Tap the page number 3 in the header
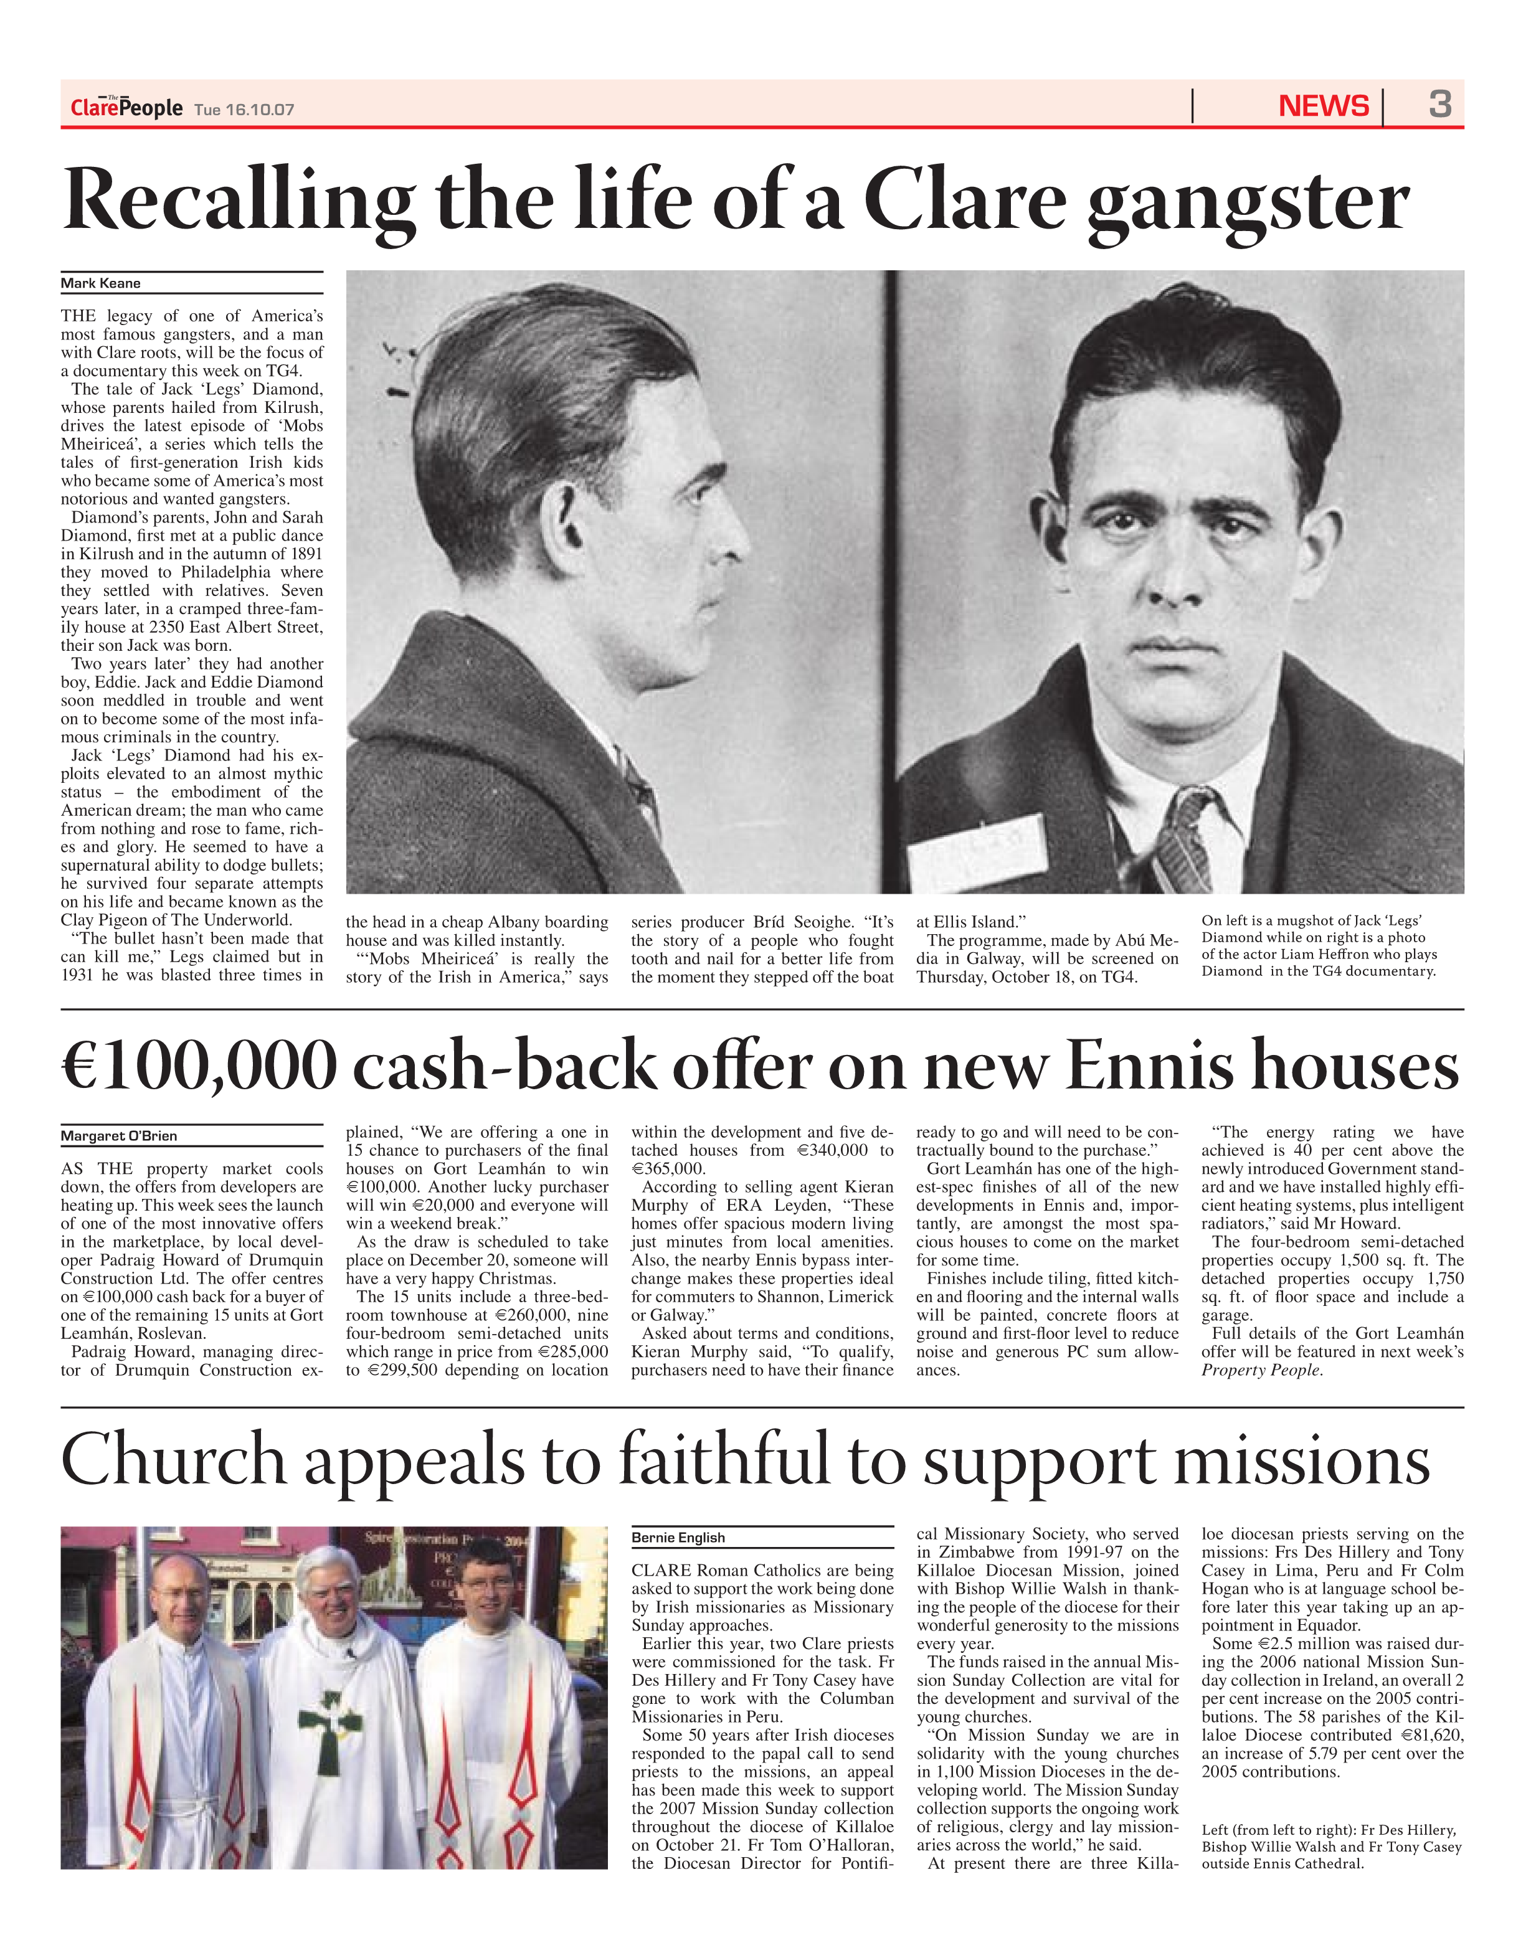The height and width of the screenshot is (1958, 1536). point(1440,105)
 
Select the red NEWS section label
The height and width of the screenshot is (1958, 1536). point(1323,106)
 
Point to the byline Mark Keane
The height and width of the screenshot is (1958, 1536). point(101,283)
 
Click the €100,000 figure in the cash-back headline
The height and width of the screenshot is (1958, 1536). point(199,1066)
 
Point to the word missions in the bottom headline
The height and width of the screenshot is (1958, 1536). point(1301,1460)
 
